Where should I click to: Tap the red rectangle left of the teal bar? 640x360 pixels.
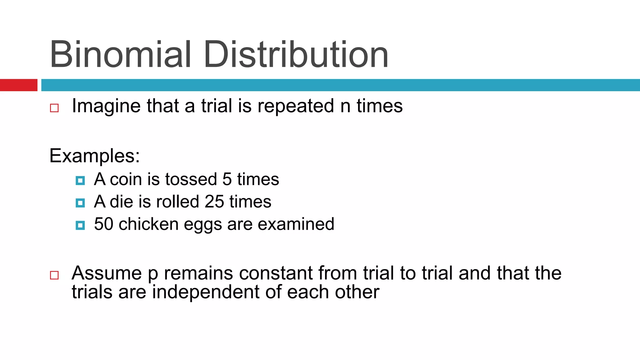(x=18, y=85)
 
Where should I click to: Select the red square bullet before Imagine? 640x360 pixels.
(x=54, y=108)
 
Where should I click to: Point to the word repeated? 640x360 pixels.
(x=296, y=106)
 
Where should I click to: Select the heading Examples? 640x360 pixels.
(x=94, y=156)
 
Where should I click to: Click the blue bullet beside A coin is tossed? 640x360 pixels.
(x=80, y=181)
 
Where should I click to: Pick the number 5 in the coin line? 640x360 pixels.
(x=227, y=179)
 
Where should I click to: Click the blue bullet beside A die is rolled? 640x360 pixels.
(x=80, y=203)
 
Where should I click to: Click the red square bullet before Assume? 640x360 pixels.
(x=54, y=275)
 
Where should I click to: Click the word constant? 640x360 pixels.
(x=276, y=273)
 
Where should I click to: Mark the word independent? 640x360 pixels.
(x=206, y=292)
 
